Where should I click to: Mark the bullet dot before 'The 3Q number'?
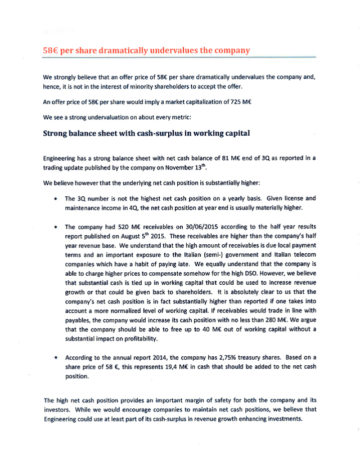[x=55, y=199]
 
